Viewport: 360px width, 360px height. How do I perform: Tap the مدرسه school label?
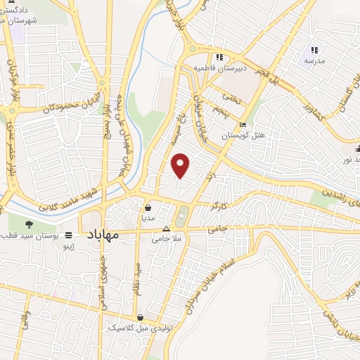tap(314, 60)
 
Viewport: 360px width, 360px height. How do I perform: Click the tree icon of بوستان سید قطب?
tap(30, 225)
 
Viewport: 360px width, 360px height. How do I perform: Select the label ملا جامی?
tap(166, 239)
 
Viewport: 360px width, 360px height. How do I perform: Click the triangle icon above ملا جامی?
tap(167, 229)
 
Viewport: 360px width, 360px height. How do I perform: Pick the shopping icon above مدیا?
tap(148, 208)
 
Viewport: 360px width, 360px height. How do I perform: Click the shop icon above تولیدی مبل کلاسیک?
tap(141, 318)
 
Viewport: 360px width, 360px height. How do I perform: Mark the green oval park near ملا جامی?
tap(183, 216)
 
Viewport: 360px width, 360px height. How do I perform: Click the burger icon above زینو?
tap(68, 235)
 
